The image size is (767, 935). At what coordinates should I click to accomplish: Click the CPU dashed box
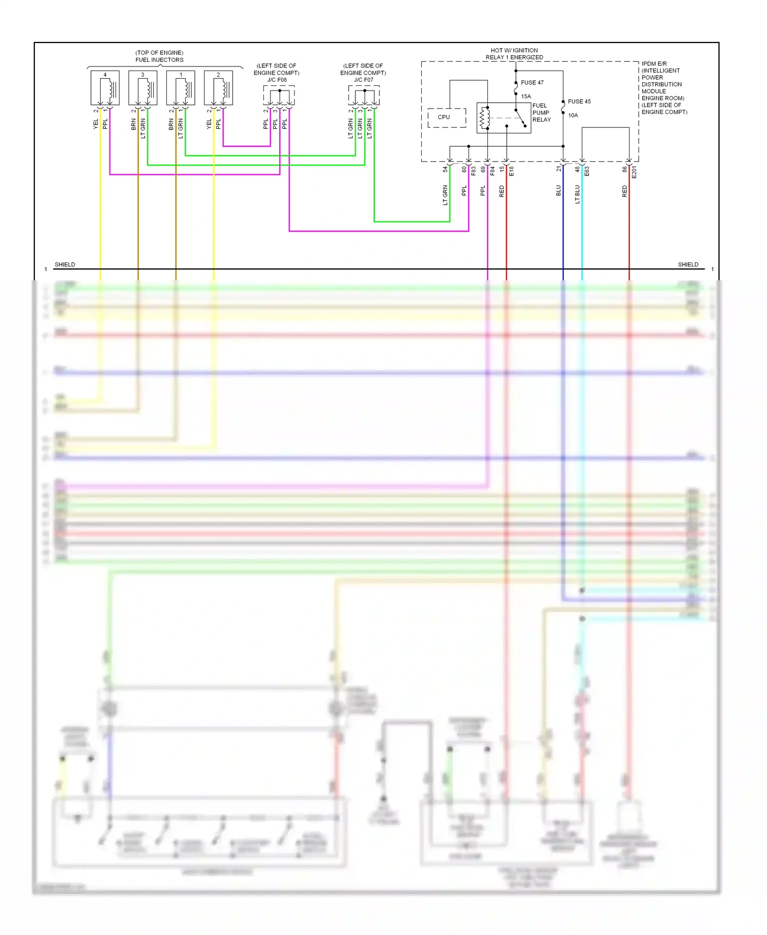446,118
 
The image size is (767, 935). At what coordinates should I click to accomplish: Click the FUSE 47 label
532,83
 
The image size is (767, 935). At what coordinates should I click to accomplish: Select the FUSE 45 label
579,102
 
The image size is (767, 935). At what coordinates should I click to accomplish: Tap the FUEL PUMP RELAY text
542,113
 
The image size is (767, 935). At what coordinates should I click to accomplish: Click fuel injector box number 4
105,88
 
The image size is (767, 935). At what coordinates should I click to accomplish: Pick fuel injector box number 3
143,88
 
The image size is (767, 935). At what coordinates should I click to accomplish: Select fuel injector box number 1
181,88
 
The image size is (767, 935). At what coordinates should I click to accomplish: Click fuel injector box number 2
218,88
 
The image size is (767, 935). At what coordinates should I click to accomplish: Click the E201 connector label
634,172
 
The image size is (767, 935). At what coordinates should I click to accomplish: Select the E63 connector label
587,171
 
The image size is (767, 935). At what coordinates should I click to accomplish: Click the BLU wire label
558,191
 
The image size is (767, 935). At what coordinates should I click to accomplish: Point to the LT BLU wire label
577,194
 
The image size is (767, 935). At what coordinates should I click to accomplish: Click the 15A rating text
526,97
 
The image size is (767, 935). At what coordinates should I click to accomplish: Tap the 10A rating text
573,116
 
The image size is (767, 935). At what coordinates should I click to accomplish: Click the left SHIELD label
65,264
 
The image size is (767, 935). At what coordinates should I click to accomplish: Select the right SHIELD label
688,264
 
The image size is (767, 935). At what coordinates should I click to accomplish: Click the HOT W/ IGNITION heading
514,51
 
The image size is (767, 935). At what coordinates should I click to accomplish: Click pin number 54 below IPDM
445,169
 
